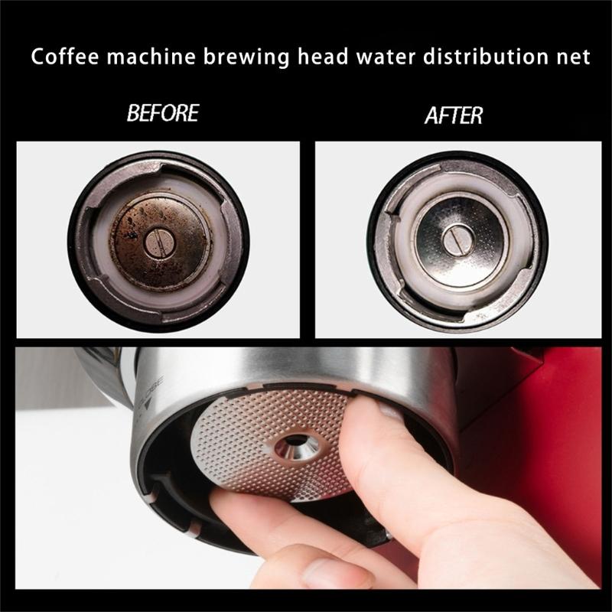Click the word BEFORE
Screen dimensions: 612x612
162,114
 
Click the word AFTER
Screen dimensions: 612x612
453,116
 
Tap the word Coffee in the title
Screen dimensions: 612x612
62,57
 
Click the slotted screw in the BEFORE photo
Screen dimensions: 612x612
159,243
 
